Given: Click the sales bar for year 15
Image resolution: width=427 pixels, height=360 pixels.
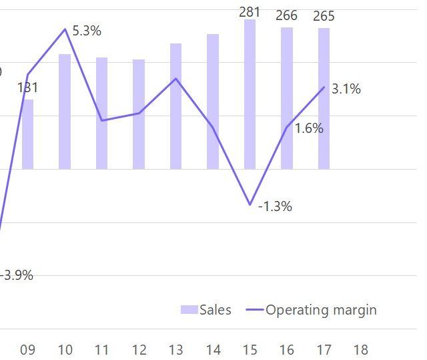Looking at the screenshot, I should pyautogui.click(x=250, y=94).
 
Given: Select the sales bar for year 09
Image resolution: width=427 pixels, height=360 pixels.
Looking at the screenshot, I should pyautogui.click(x=27, y=134).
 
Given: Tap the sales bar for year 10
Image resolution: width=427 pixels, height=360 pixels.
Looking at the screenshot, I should pyautogui.click(x=65, y=111).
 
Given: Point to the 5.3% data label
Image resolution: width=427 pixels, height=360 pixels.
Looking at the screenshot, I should pyautogui.click(x=87, y=31).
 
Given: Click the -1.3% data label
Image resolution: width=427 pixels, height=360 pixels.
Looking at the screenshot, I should pyautogui.click(x=275, y=206).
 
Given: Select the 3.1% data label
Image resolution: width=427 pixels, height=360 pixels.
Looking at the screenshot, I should pyautogui.click(x=346, y=89).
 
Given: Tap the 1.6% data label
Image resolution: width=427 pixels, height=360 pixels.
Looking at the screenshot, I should pyautogui.click(x=309, y=128).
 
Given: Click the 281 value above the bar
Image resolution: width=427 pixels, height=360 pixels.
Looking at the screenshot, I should pyautogui.click(x=250, y=11).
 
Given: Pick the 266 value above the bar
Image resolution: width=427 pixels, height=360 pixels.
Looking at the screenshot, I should pyautogui.click(x=287, y=15).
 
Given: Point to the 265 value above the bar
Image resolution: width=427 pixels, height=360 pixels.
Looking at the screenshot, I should pyautogui.click(x=324, y=16).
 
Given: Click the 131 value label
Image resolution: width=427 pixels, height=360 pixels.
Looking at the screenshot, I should pyautogui.click(x=27, y=87).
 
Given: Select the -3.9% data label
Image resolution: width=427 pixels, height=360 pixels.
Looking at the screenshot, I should pyautogui.click(x=17, y=275).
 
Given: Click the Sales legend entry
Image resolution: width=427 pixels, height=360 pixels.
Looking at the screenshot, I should pyautogui.click(x=206, y=310).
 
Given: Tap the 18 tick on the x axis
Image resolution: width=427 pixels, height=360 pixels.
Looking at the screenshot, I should pyautogui.click(x=360, y=350).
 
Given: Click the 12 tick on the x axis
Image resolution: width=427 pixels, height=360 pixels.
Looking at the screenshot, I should pyautogui.click(x=139, y=350).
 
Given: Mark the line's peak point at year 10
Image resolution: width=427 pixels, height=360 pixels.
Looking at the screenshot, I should pyautogui.click(x=65, y=29).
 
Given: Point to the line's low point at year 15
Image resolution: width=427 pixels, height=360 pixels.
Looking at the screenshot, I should pyautogui.click(x=250, y=204).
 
